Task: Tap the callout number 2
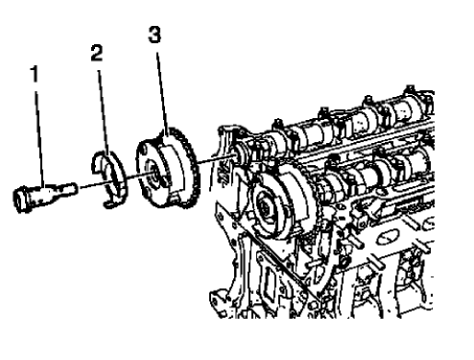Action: (x=96, y=54)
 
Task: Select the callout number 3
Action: (x=154, y=35)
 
